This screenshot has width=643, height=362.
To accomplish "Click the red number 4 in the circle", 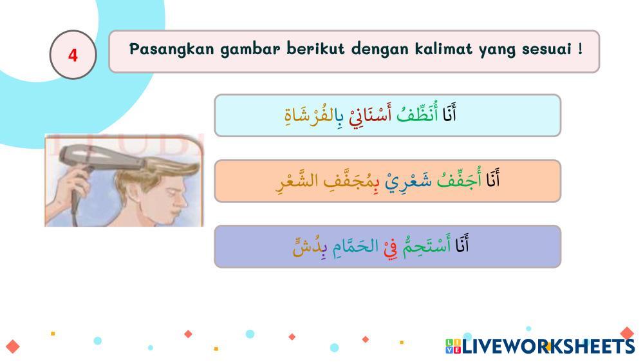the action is [x=73, y=55].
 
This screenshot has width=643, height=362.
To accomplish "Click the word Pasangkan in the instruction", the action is [x=171, y=49].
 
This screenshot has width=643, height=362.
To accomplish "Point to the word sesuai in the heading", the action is [x=546, y=49].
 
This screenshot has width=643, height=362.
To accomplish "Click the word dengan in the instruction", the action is [x=380, y=50].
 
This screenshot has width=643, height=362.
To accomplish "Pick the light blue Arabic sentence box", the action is [x=387, y=115].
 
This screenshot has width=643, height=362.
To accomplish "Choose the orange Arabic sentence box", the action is [x=387, y=181].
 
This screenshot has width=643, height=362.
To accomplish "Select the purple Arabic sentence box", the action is [x=387, y=246].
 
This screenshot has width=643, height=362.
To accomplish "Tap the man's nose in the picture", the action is [x=182, y=201].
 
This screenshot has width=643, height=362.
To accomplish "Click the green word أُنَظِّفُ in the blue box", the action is [x=417, y=114].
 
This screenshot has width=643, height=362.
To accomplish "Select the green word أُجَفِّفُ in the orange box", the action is [x=459, y=180].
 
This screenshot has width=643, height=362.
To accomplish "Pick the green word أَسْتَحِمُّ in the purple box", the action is [x=426, y=245].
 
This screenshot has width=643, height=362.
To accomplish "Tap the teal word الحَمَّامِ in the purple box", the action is [x=355, y=246].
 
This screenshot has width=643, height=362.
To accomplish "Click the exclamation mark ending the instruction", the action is [x=580, y=49].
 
